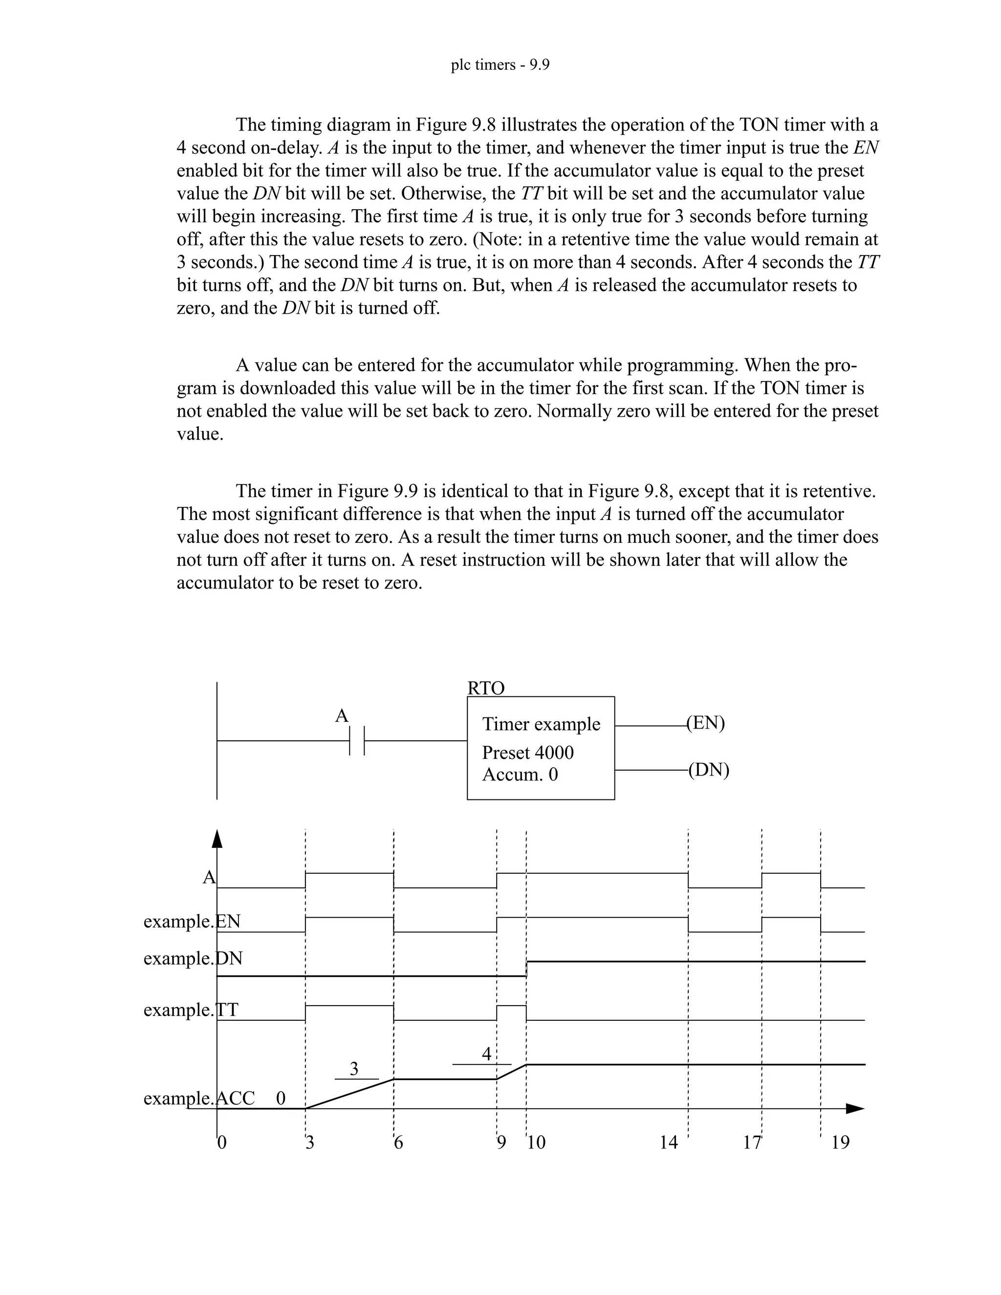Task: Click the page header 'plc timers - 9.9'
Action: [500, 65]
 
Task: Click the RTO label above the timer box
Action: [486, 689]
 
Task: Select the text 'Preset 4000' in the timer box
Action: [527, 753]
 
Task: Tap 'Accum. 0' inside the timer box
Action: [520, 775]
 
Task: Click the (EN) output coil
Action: [706, 723]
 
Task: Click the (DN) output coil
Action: [709, 770]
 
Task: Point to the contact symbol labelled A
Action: [356, 740]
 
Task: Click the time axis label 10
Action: [536, 1143]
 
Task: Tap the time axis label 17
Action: [752, 1143]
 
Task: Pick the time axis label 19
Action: [840, 1143]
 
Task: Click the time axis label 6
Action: [398, 1143]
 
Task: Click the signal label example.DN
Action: [193, 959]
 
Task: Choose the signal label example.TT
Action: [191, 1010]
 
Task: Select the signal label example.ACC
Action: [199, 1099]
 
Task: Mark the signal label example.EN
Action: [192, 922]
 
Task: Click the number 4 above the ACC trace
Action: [486, 1054]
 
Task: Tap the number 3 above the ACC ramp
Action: [354, 1068]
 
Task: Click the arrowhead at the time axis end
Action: [854, 1108]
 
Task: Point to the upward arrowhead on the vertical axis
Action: [217, 839]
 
